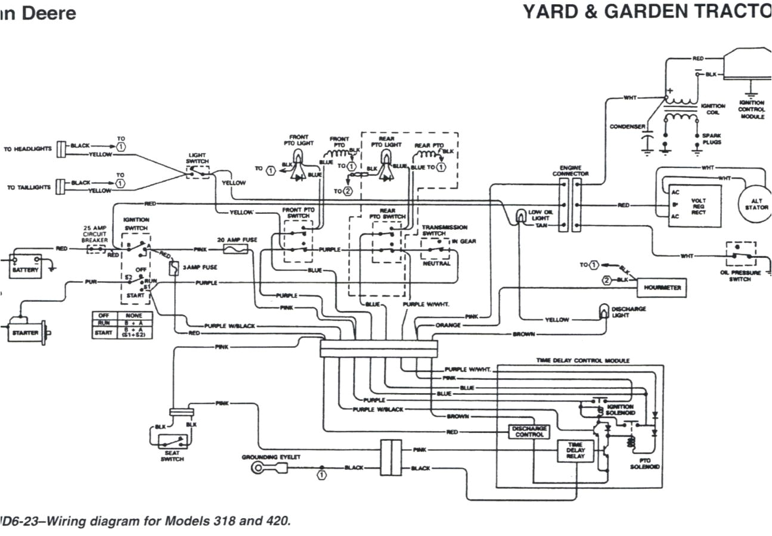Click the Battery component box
[24, 264]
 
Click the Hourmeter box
[662, 288]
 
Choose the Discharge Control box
[529, 432]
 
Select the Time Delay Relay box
[575, 451]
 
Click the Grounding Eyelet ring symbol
[258, 468]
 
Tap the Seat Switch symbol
[172, 442]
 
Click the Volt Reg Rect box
[695, 205]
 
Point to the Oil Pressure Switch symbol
[740, 255]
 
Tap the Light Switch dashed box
[198, 172]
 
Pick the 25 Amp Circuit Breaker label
[95, 235]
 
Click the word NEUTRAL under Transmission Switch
[436, 263]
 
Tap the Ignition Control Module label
[752, 110]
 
